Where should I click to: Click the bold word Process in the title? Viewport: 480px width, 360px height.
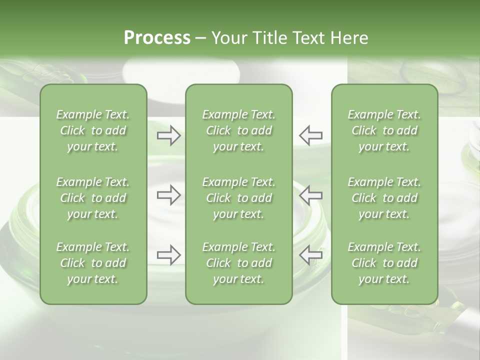pos(157,38)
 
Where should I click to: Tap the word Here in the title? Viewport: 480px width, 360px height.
pos(348,38)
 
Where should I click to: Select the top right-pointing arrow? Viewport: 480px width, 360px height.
pos(169,135)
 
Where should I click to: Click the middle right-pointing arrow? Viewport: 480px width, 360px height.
pos(169,195)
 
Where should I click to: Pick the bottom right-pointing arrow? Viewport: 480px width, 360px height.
pos(169,255)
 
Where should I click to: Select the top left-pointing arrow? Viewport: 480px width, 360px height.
pos(311,135)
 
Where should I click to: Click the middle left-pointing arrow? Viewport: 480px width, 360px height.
pos(311,195)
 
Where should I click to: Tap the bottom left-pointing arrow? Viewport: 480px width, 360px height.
pos(311,255)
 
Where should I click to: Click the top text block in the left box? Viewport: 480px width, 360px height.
pos(93,130)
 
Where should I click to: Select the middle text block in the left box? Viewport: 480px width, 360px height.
pos(93,198)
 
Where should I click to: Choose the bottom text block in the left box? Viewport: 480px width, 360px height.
pos(93,263)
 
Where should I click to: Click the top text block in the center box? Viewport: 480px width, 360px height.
pos(239,130)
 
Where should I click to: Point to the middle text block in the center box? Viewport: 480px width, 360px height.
pos(239,198)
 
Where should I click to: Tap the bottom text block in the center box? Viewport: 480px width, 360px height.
pos(239,263)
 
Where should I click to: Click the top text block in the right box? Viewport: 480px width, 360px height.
pos(384,130)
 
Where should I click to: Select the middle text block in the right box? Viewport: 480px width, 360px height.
pos(384,198)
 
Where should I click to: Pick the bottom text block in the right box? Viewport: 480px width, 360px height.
pos(384,263)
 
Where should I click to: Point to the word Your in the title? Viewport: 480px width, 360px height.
pos(227,38)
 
